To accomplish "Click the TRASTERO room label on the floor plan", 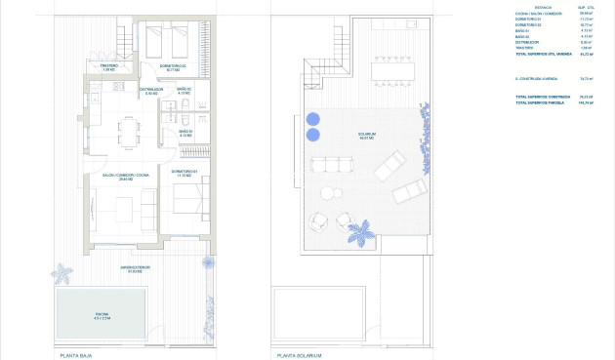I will pos(107,67).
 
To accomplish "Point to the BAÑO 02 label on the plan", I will pos(184,90).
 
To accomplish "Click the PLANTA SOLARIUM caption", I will pos(301,355).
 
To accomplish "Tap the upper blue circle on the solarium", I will pos(313,119).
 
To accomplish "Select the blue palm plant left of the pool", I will pos(62,272).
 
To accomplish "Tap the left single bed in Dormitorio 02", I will pos(156,41).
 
